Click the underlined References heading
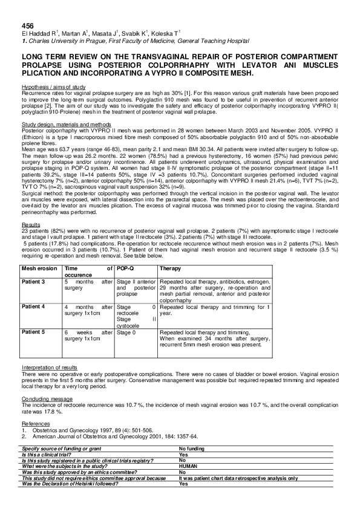(x=34, y=424)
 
